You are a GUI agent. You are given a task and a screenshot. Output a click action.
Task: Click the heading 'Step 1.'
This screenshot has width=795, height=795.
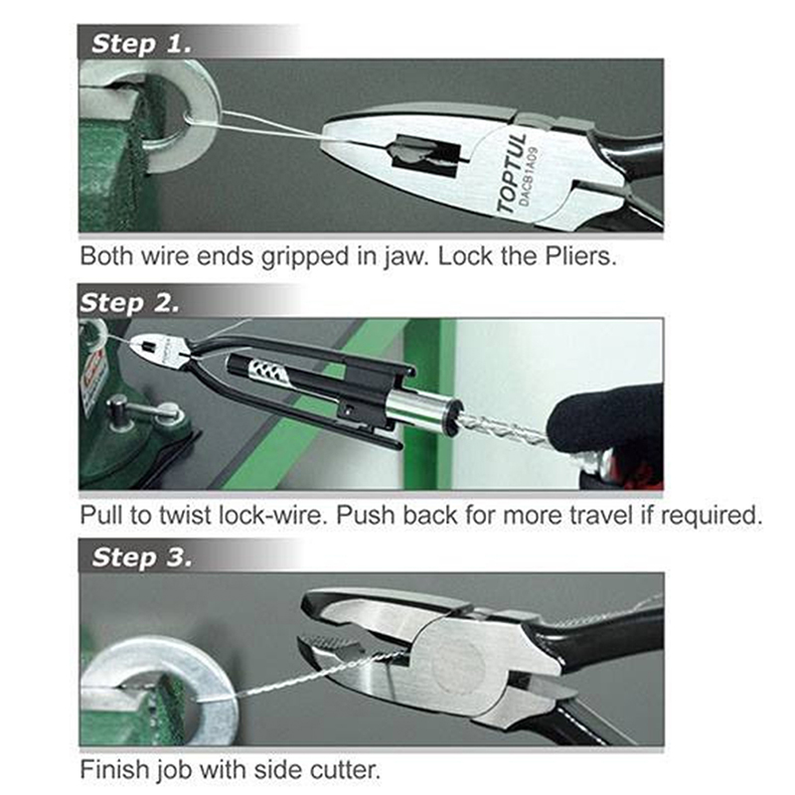pyautogui.click(x=142, y=44)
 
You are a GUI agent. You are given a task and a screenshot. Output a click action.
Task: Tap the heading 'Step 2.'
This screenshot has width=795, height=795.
pyautogui.click(x=130, y=303)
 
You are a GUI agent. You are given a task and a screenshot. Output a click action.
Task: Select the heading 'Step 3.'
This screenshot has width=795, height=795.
pyautogui.click(x=142, y=557)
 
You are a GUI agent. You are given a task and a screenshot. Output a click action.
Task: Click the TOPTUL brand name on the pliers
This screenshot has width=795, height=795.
pyautogui.click(x=511, y=173)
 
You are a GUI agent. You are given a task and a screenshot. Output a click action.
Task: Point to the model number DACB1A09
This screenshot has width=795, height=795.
pyautogui.click(x=530, y=176)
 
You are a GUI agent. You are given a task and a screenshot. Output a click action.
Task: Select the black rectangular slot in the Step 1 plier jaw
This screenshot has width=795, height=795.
pyautogui.click(x=426, y=154)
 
